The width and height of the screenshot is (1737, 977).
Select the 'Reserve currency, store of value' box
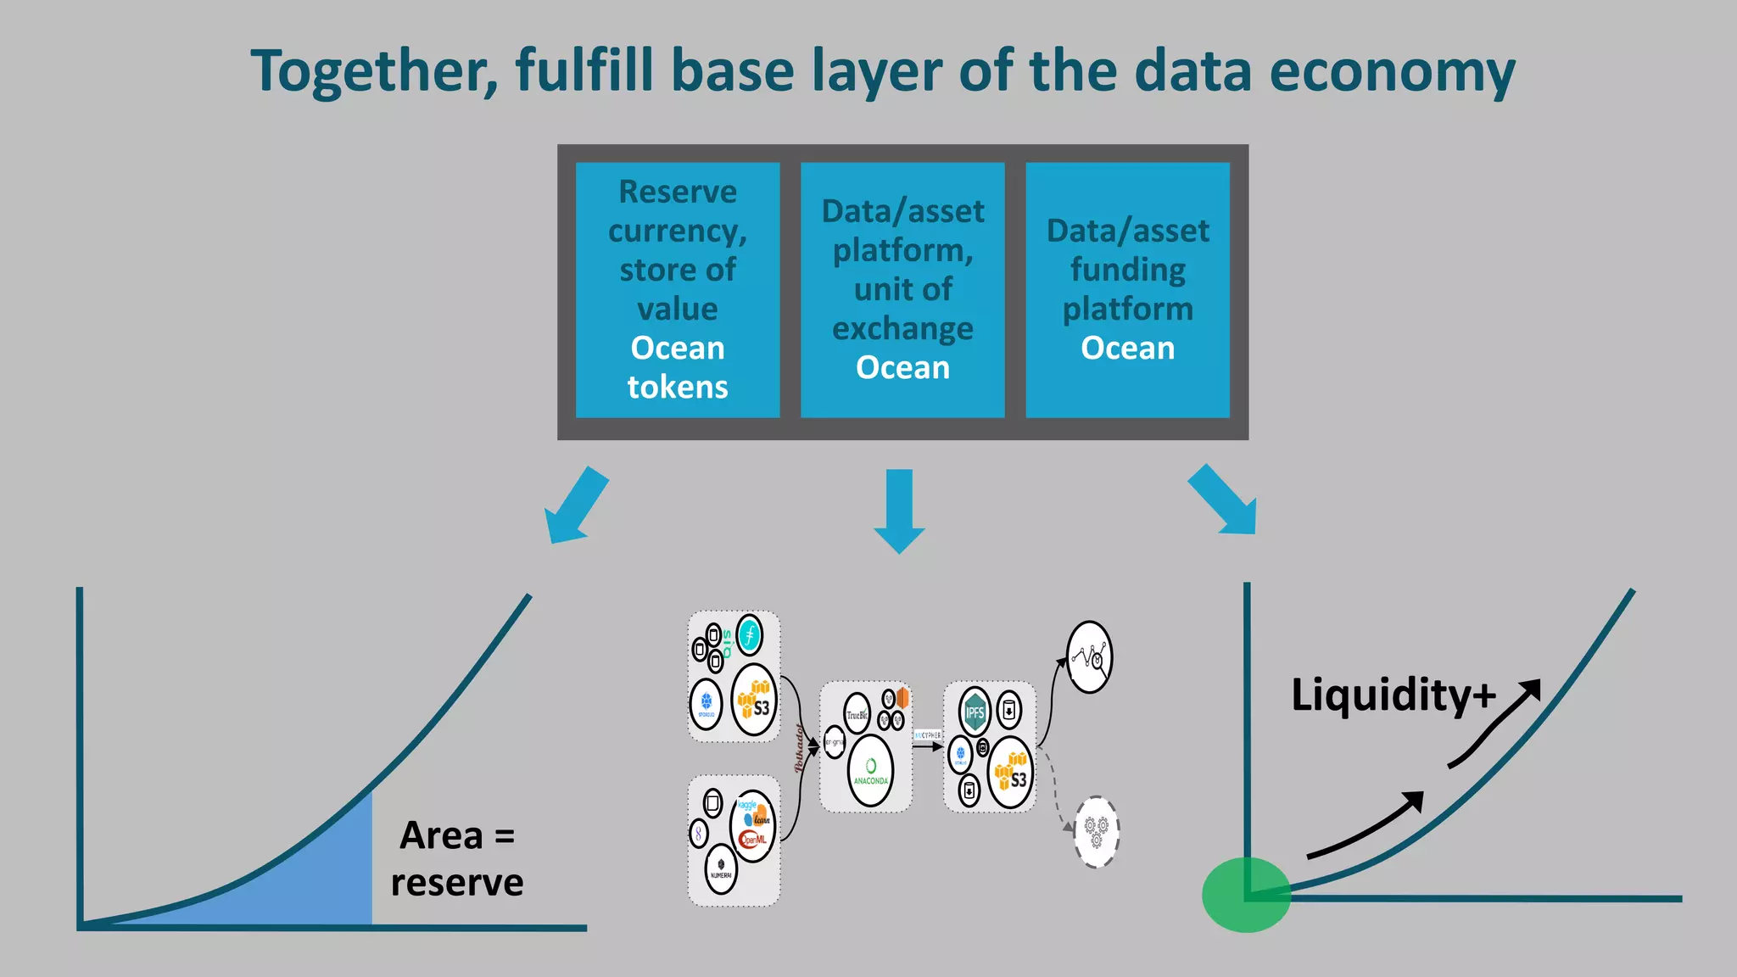tap(677, 289)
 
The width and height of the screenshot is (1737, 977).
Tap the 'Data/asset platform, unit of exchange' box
tap(902, 289)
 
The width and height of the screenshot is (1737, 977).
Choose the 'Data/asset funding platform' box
tap(1127, 289)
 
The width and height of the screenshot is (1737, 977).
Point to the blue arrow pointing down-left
tap(576, 505)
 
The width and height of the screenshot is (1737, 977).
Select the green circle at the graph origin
tap(1246, 895)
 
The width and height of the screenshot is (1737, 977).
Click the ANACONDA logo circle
tap(870, 770)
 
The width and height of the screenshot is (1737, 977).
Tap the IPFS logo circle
tap(975, 712)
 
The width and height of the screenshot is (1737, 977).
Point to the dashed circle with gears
tap(1096, 831)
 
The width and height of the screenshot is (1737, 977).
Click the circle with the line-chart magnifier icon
tap(1089, 657)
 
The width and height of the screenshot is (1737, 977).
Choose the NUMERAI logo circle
tap(721, 868)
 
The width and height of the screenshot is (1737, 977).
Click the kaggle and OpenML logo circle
tap(752, 825)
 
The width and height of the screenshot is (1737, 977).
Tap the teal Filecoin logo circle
tap(749, 635)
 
